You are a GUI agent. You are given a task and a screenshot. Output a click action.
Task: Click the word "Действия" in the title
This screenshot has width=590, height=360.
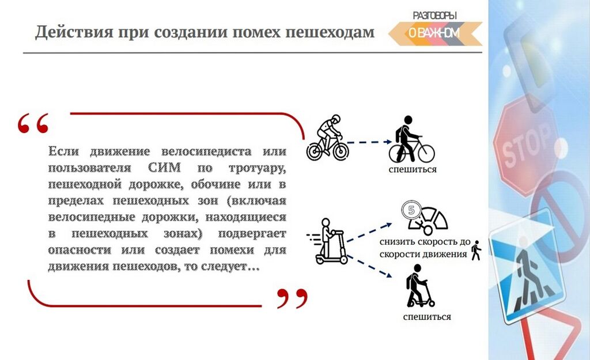point(74,32)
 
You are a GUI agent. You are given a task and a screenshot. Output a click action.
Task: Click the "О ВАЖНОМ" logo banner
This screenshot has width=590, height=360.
point(435,33)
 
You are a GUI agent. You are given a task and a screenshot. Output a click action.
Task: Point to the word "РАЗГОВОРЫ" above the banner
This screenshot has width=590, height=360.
point(434,16)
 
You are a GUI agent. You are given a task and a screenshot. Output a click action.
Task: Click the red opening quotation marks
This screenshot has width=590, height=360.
point(33,123)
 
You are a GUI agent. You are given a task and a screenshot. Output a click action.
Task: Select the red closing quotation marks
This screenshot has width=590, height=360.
point(292,298)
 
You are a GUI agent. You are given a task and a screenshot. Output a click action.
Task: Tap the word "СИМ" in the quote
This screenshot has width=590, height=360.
point(164,168)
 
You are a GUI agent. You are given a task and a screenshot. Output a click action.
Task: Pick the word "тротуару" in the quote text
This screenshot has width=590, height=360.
point(258,168)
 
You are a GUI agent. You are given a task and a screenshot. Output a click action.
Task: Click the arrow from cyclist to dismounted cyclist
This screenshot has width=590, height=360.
point(369,142)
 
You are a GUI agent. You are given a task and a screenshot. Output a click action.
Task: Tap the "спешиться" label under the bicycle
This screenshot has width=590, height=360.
point(413,170)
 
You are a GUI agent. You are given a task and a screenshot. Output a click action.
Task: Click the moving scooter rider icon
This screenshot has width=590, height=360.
point(327,241)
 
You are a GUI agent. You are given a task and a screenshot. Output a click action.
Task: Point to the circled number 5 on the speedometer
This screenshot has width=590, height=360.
point(411,210)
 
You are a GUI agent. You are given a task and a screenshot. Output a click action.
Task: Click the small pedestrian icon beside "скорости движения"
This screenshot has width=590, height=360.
point(476,250)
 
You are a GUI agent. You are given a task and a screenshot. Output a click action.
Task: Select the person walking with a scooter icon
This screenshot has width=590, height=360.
point(420,286)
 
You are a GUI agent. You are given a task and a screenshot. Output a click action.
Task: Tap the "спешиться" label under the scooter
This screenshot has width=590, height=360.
point(427,317)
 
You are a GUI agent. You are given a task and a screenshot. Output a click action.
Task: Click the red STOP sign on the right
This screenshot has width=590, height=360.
point(525,145)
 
